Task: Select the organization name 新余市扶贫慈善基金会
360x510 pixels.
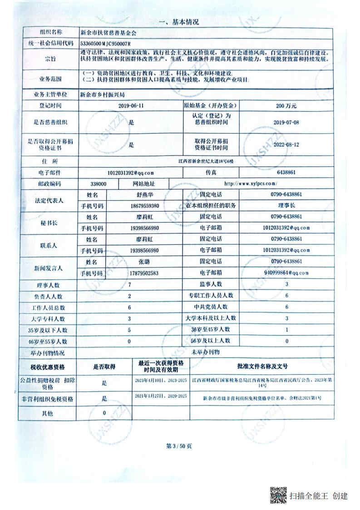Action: point(108,33)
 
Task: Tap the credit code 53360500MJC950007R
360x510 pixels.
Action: point(105,43)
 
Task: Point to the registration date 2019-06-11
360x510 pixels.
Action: point(130,105)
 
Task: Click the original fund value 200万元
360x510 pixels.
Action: point(286,105)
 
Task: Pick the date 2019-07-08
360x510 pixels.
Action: point(287,122)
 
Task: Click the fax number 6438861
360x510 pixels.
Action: point(286,173)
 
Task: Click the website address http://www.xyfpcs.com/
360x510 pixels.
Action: point(251,184)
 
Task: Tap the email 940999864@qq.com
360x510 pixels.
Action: point(286,273)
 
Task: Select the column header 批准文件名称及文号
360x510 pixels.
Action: point(262,366)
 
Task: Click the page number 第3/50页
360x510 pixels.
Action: point(179,446)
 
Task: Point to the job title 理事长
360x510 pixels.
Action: point(286,205)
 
